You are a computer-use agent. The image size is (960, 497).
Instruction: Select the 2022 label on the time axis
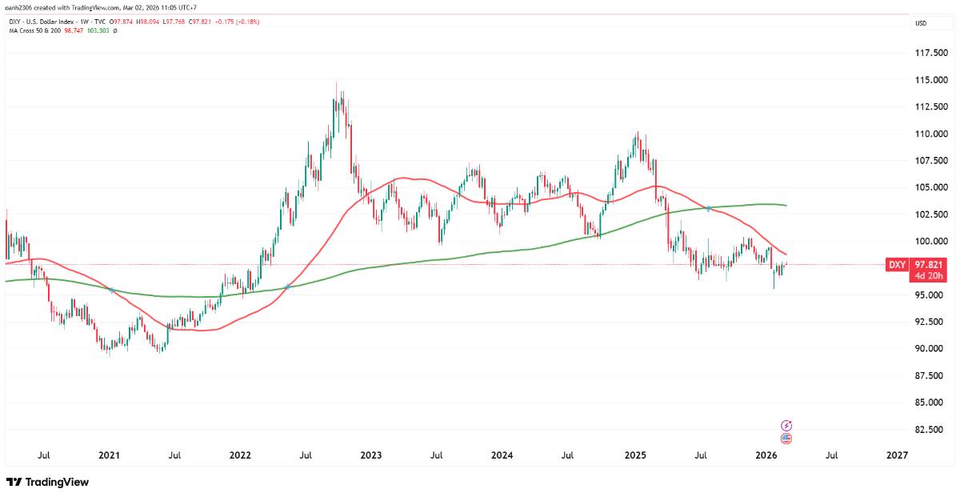point(240,455)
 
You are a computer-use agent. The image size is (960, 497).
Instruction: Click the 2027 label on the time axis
point(898,455)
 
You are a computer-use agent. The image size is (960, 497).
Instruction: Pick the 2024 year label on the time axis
point(502,455)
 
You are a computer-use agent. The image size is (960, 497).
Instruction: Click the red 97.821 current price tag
point(928,265)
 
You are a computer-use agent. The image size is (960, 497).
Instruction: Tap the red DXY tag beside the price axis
point(897,265)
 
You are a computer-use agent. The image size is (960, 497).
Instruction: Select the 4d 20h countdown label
point(928,276)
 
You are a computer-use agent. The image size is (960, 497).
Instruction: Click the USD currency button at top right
point(921,23)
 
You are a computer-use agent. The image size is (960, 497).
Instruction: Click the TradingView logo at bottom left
point(47,482)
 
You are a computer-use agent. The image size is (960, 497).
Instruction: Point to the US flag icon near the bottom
point(786,439)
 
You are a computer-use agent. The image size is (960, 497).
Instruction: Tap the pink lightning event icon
point(786,426)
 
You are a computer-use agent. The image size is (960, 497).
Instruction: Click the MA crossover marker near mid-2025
point(709,209)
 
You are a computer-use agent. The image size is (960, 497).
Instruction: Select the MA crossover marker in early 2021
point(111,290)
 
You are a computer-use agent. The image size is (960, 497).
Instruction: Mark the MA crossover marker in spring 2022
point(287,287)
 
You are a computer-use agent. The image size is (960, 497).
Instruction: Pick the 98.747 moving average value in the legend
point(74,30)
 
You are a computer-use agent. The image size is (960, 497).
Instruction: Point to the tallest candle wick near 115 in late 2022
point(336,83)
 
